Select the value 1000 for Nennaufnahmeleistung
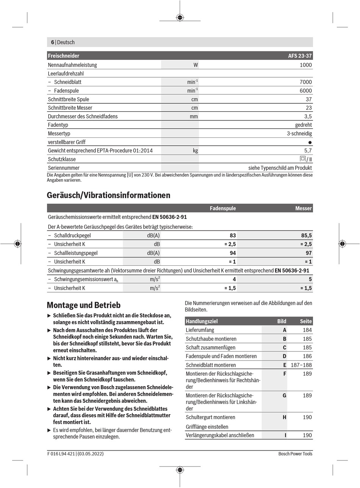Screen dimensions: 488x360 click(305, 65)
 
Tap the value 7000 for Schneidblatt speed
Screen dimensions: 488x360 click(305, 82)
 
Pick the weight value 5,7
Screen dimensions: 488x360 click(308, 150)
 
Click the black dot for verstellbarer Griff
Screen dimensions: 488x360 click(310, 142)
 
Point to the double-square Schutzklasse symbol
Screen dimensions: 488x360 click(303, 159)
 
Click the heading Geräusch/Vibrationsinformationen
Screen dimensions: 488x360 click(108, 195)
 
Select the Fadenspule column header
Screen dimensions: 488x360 click(223, 208)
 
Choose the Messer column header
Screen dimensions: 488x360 click(304, 208)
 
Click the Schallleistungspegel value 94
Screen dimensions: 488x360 click(232, 253)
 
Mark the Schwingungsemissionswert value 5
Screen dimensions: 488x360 click(310, 279)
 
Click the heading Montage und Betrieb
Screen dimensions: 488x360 click(83, 305)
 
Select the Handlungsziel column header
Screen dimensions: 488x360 click(202, 321)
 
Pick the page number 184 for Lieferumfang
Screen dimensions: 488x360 click(307, 330)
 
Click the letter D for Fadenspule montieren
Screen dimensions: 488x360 click(284, 356)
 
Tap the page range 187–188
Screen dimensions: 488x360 click(301, 365)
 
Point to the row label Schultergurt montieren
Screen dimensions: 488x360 click(210, 417)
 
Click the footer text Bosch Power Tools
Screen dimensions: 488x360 click(295, 454)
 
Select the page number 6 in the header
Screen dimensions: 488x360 click(53, 42)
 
